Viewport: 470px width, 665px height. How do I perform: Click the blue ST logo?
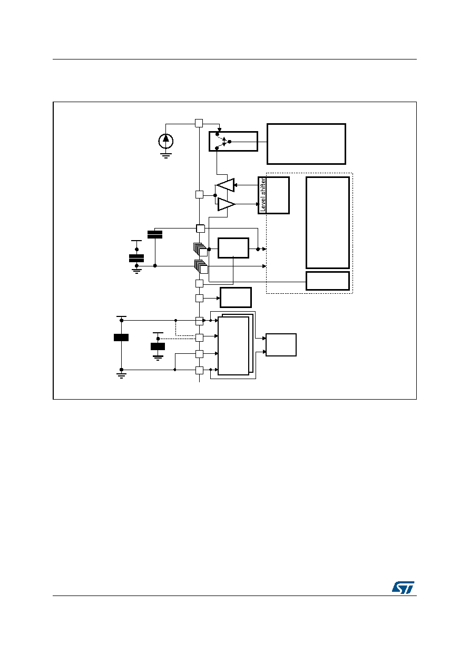(403, 587)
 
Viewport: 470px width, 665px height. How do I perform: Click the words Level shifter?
(262, 195)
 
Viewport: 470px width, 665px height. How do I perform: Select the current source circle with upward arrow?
(166, 141)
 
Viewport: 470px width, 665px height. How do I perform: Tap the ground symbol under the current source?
(166, 155)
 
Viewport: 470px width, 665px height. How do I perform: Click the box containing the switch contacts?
(233, 141)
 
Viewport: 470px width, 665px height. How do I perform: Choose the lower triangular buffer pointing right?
(227, 204)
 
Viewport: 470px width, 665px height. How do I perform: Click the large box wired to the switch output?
(306, 144)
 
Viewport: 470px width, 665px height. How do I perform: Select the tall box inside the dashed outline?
(328, 223)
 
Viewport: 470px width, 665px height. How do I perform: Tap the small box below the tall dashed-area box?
(328, 281)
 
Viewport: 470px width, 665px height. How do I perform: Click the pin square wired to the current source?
(199, 123)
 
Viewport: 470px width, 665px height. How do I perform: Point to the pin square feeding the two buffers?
(199, 195)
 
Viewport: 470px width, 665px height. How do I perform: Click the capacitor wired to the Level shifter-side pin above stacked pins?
(155, 234)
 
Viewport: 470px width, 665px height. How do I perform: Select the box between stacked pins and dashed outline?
(233, 248)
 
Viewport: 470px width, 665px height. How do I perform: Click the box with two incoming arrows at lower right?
(281, 345)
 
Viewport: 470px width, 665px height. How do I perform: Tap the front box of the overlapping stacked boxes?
(233, 346)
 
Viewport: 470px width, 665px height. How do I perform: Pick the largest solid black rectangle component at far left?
(121, 338)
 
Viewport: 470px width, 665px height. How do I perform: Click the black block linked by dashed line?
(158, 346)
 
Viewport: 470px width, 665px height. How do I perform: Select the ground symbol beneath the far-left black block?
(121, 375)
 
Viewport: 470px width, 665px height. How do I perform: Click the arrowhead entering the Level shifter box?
(258, 204)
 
